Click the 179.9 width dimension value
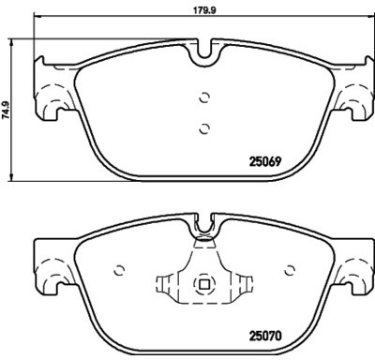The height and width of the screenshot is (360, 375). click(x=204, y=10)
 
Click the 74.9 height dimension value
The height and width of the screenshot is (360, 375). click(x=6, y=111)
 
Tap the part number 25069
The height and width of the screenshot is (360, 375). click(x=265, y=161)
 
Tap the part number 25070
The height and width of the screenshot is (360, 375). click(x=265, y=336)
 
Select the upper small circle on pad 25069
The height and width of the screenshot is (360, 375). click(x=204, y=97)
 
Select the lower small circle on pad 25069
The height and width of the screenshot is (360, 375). click(x=204, y=128)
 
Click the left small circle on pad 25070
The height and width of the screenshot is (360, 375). click(x=119, y=270)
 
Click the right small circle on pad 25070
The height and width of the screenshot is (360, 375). click(x=290, y=270)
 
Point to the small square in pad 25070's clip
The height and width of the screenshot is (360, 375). click(x=204, y=284)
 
